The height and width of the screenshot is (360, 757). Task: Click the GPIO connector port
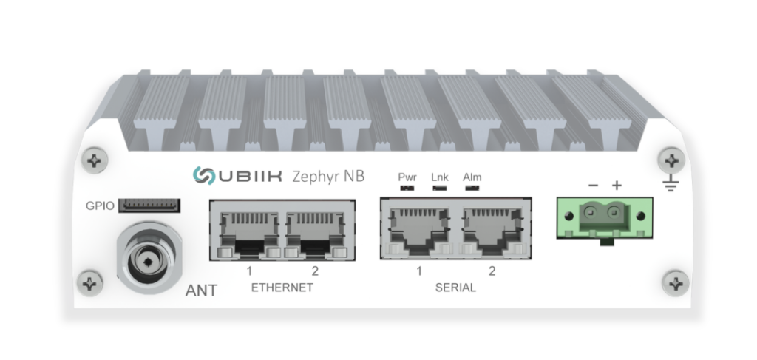[x=149, y=205]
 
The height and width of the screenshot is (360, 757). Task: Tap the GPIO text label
[x=100, y=206]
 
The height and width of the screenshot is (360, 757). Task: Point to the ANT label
[x=201, y=291]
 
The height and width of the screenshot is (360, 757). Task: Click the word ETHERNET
[x=282, y=288]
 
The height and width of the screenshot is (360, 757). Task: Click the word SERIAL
[x=455, y=288]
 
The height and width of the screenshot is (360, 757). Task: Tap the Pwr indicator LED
[x=407, y=187]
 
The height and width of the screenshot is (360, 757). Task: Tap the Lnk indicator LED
[x=439, y=187]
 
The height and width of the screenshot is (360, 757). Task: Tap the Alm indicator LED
[x=472, y=187]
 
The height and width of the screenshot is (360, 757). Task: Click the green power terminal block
[x=605, y=218]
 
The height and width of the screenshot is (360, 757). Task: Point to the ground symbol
[x=671, y=183]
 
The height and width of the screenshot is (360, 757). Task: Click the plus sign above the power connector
[x=617, y=186]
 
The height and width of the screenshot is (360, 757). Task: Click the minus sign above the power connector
[x=594, y=186]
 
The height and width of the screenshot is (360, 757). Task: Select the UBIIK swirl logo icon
[x=204, y=176]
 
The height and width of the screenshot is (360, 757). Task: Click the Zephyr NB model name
[x=328, y=177]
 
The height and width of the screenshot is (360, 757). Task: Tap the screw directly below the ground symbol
[x=676, y=283]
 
